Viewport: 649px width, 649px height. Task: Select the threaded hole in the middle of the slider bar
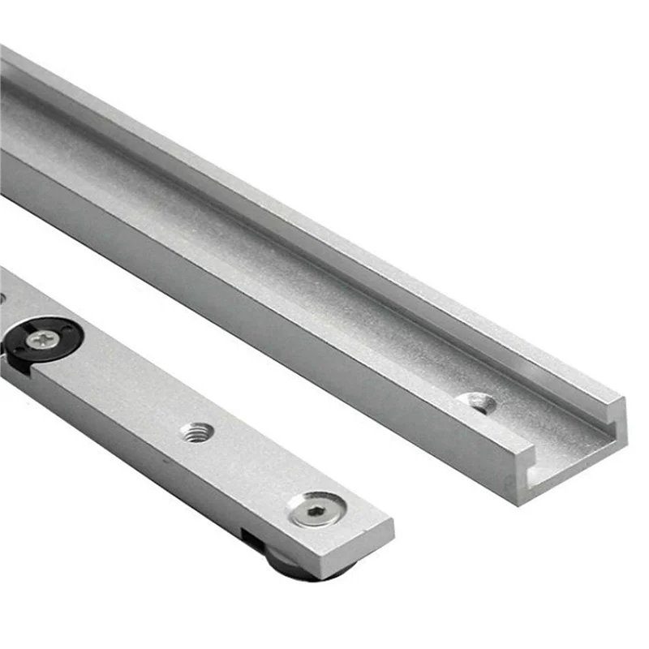coord(196,432)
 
